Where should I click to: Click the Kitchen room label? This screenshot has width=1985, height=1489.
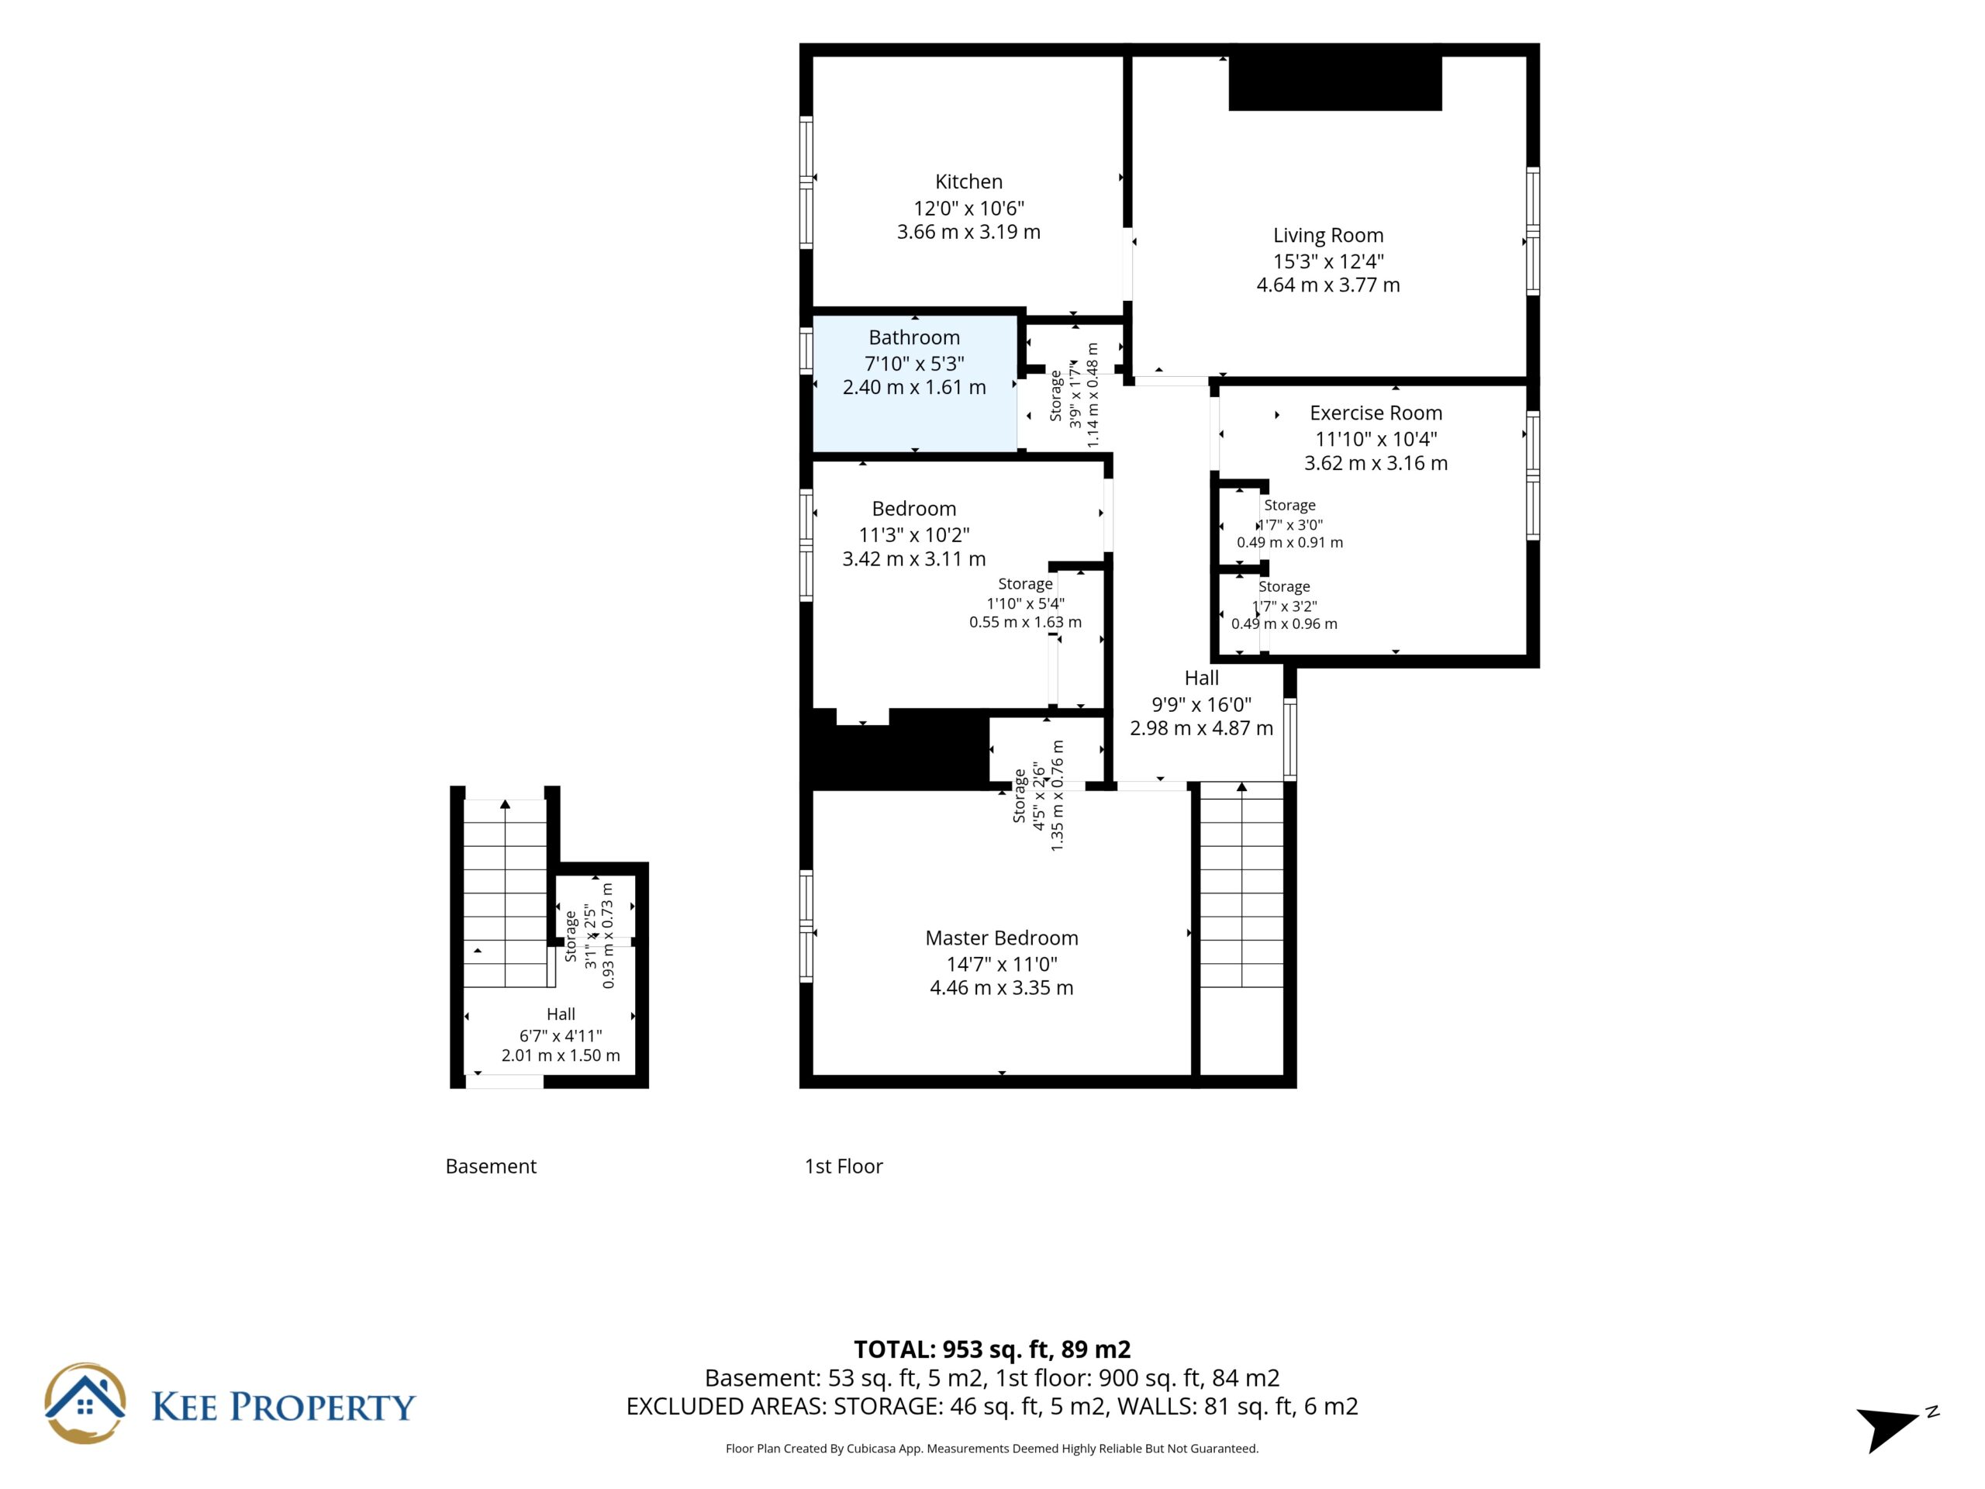[968, 181]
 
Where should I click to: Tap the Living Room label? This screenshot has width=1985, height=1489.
[1328, 235]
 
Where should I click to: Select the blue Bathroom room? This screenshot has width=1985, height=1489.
[914, 384]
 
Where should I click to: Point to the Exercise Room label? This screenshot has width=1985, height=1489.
[1376, 413]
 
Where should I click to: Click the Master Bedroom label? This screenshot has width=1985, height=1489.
[1002, 938]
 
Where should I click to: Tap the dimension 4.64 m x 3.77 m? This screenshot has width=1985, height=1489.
[1328, 285]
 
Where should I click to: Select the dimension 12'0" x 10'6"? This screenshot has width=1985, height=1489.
[968, 208]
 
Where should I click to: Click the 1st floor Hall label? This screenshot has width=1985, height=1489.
[1202, 679]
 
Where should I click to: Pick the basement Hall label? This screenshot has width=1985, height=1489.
[561, 1014]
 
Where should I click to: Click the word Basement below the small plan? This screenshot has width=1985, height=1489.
[491, 1166]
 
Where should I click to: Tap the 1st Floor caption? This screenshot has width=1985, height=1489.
[844, 1166]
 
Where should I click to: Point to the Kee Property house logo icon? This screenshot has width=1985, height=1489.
[85, 1403]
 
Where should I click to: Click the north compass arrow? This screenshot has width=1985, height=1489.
[1887, 1427]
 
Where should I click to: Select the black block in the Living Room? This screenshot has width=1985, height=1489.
[1334, 84]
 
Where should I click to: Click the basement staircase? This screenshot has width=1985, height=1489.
[506, 893]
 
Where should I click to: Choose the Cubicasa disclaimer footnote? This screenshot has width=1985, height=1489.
[992, 1448]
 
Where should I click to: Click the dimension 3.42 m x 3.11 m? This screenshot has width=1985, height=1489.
[913, 559]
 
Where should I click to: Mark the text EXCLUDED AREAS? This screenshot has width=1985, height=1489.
[726, 1407]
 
